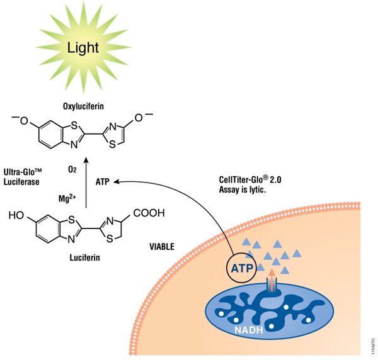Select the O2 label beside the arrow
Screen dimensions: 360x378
[x=72, y=169]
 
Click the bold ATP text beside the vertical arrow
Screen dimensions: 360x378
[x=103, y=182]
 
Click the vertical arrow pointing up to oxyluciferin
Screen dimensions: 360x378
[x=86, y=183]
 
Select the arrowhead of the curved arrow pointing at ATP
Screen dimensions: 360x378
[x=120, y=181]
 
